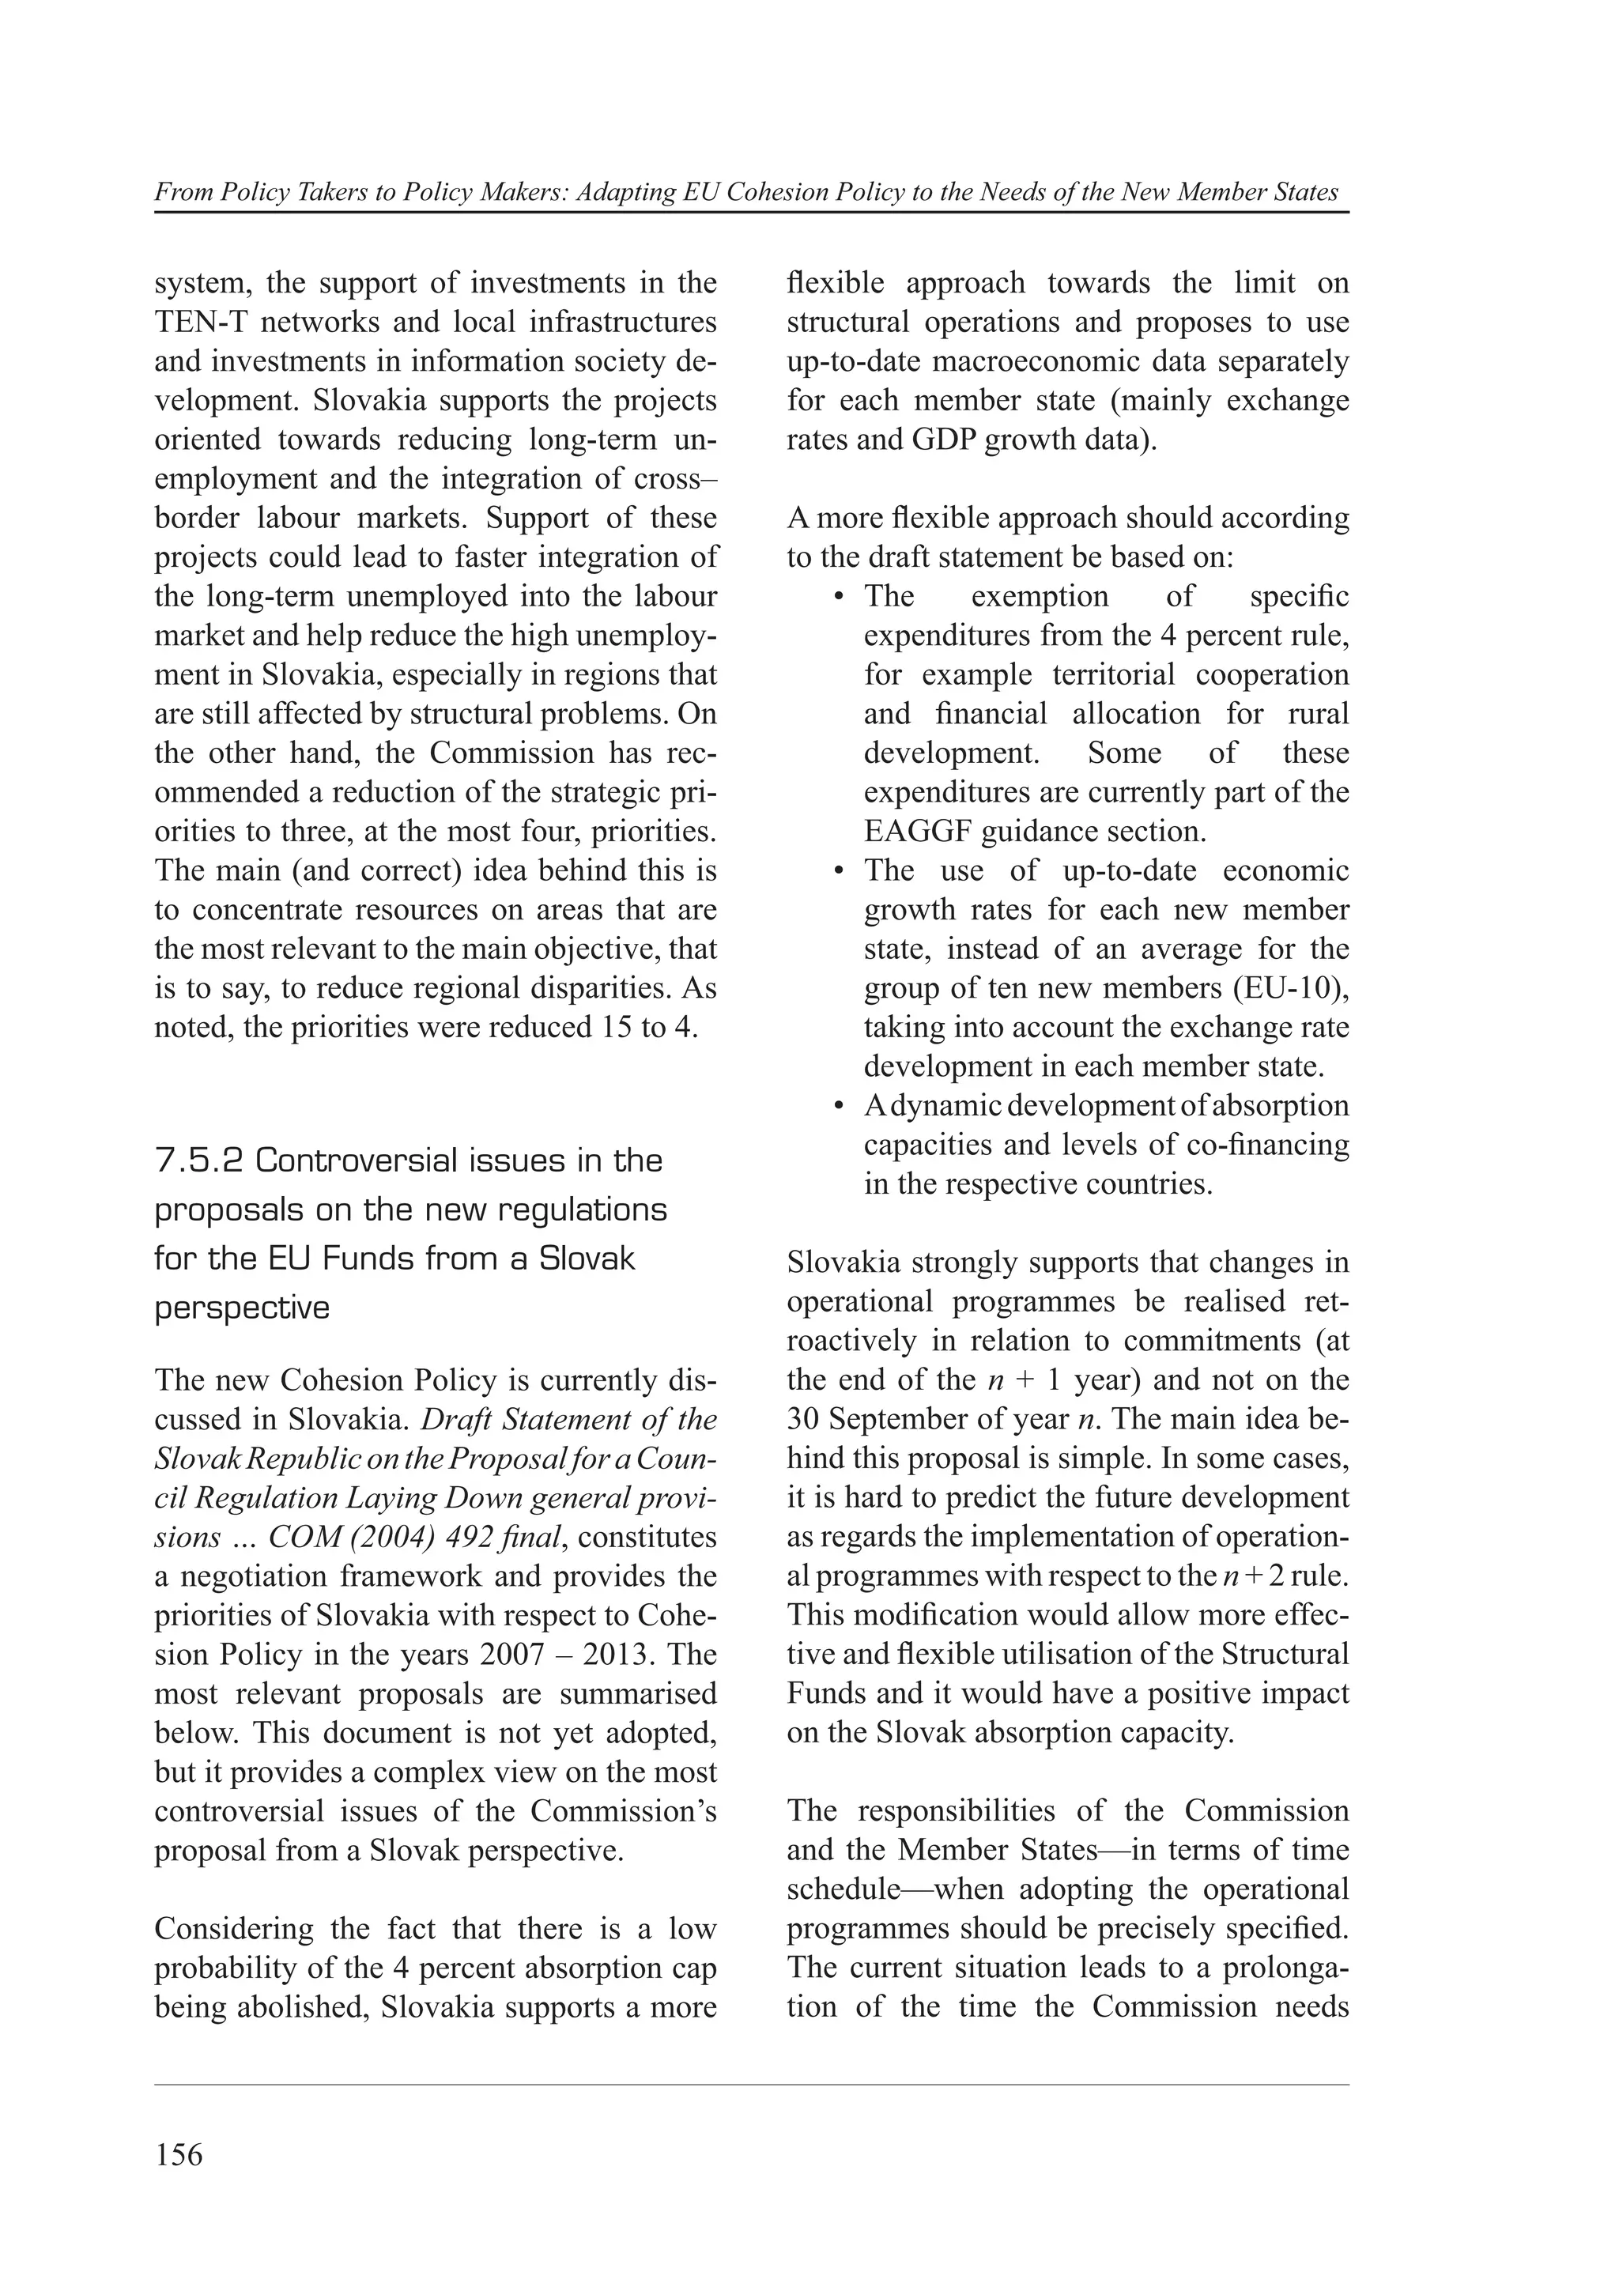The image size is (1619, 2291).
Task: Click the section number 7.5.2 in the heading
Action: pos(198,1161)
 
